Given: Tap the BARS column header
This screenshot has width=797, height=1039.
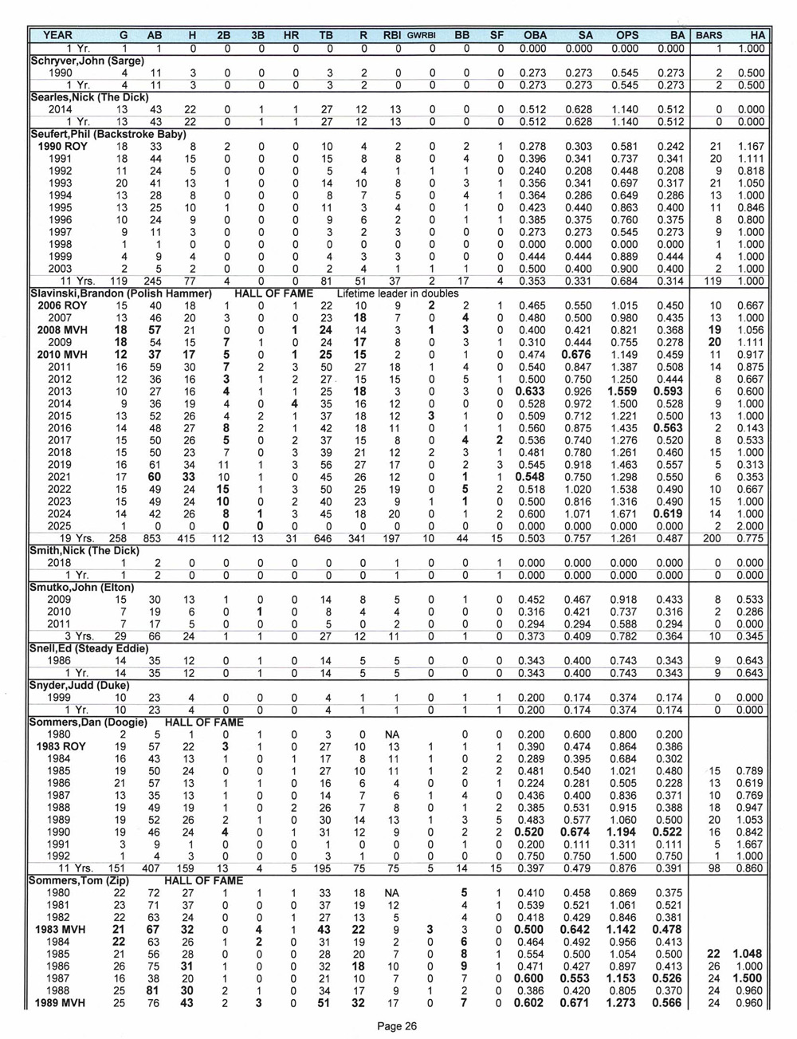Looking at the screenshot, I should (709, 35).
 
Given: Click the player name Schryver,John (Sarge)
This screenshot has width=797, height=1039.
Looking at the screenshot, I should (87, 60).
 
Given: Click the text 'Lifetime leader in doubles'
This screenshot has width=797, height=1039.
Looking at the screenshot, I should (397, 293).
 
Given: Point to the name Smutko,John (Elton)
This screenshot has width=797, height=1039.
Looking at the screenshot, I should (82, 587).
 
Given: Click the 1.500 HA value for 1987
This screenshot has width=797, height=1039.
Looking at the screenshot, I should (749, 978).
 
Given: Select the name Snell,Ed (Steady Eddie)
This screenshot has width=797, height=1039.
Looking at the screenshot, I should (88, 648).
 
